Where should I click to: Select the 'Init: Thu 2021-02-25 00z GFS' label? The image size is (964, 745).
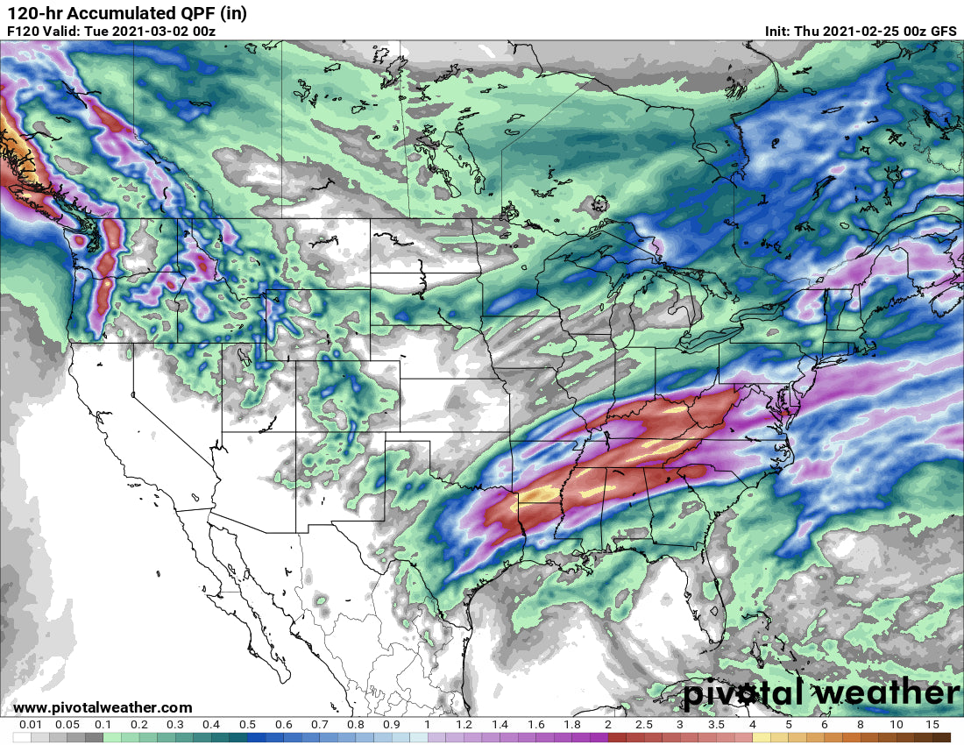(861, 31)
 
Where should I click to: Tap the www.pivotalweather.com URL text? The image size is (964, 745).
(103, 707)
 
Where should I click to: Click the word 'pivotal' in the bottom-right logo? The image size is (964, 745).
(746, 693)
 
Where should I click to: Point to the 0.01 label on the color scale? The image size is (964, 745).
(32, 725)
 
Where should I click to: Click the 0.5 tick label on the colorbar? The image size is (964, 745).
(247, 725)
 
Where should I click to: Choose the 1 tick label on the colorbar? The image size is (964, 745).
(427, 725)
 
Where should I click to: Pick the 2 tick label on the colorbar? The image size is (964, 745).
(607, 725)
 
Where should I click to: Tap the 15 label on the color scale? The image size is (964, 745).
(932, 725)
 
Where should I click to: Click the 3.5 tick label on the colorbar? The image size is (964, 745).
(716, 725)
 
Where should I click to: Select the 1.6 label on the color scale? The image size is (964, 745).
(535, 725)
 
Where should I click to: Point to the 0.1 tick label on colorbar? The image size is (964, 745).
(103, 725)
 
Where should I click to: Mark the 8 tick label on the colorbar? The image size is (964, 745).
(860, 725)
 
